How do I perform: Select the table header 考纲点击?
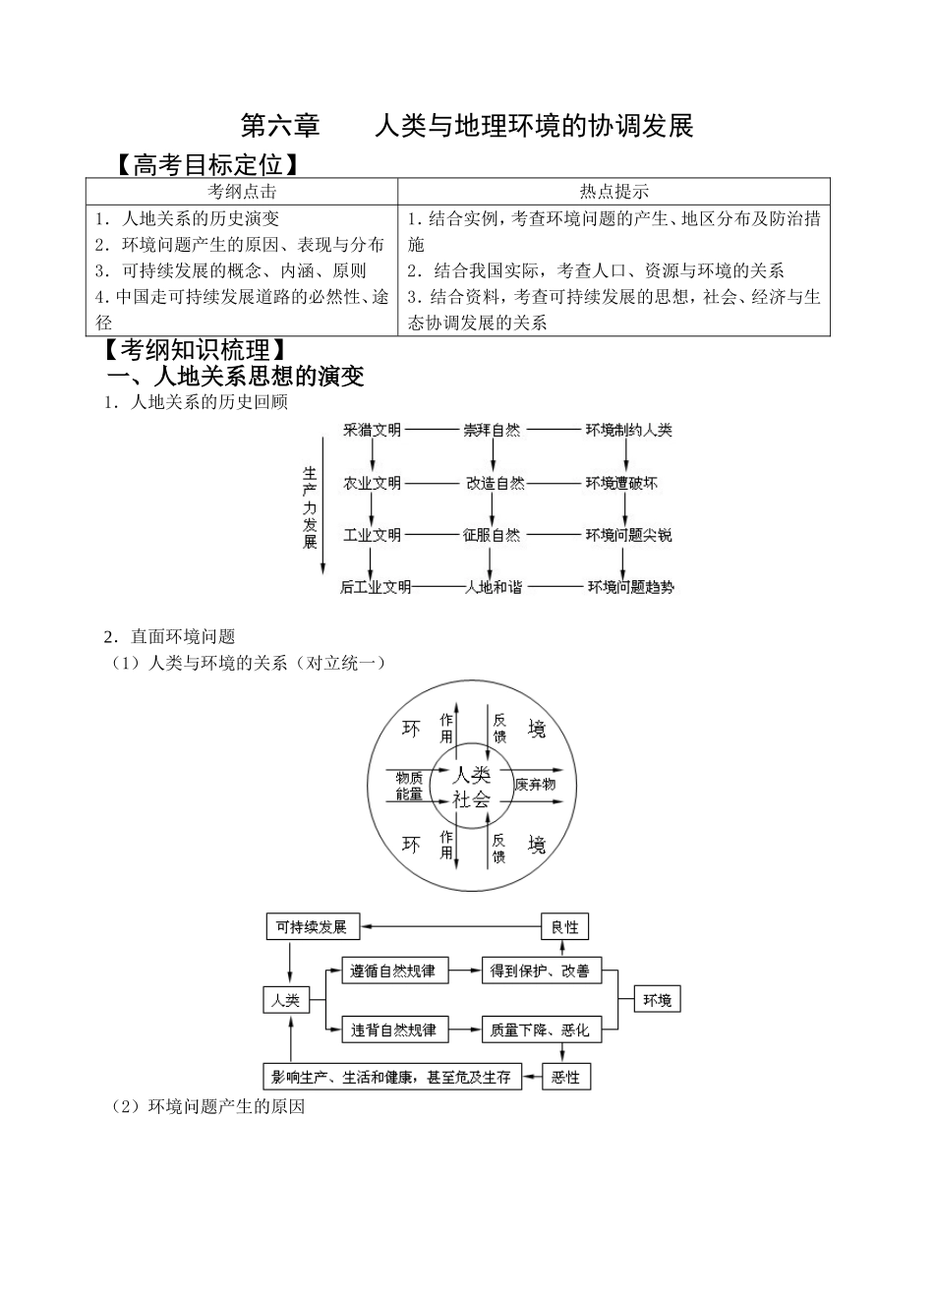(242, 192)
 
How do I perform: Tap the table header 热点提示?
(613, 192)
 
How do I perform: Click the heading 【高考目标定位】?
(207, 163)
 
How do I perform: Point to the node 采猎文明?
(372, 431)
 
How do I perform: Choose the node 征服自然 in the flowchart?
(492, 535)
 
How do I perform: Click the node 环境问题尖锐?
(629, 535)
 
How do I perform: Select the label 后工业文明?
(376, 587)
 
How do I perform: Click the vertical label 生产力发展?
(311, 506)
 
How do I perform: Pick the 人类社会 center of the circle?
(471, 786)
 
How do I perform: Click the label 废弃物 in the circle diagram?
(535, 784)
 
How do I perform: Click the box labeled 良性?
(565, 926)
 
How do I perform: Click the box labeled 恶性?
(566, 1077)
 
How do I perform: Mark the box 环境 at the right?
(657, 1000)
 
